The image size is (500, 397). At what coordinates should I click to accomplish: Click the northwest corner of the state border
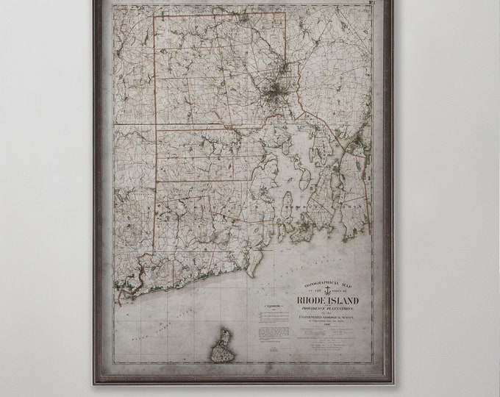click(154, 16)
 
